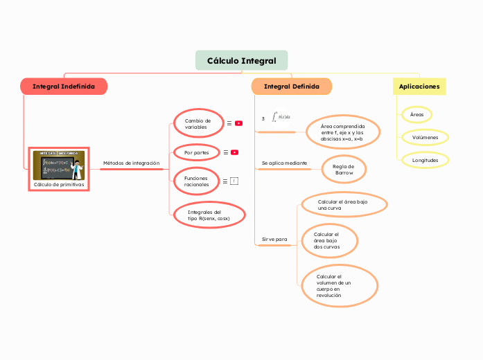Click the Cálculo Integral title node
tap(241, 61)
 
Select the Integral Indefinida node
tap(64, 87)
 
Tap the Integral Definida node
tap(292, 87)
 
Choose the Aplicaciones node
tap(419, 87)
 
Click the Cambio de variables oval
tap(197, 123)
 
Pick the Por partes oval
tap(196, 152)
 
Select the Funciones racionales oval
tap(196, 181)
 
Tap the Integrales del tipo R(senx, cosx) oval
tap(209, 215)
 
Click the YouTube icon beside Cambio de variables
tap(238, 123)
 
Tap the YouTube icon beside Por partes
tap(235, 152)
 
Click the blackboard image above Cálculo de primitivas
tap(59, 165)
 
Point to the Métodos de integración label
tap(131, 163)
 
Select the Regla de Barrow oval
tap(344, 169)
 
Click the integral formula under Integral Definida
tap(281, 117)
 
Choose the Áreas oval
tap(416, 114)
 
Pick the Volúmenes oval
tap(425, 137)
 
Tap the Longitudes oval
tap(425, 160)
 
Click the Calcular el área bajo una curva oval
tap(342, 204)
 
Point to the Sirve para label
tap(274, 239)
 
